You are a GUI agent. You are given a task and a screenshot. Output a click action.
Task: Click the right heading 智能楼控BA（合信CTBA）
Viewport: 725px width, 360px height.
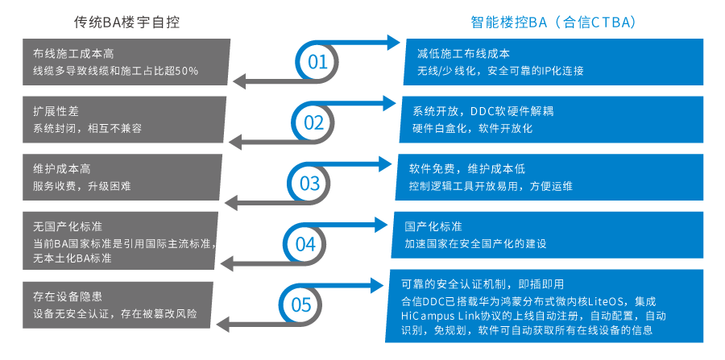[553, 22]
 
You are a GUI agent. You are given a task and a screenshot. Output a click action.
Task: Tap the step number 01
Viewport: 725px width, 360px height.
[318, 63]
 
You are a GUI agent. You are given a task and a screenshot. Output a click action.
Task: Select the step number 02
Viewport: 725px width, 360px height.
[313, 122]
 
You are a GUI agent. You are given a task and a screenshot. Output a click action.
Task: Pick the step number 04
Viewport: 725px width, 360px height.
[304, 243]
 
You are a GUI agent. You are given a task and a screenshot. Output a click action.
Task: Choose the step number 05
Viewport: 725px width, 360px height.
[300, 304]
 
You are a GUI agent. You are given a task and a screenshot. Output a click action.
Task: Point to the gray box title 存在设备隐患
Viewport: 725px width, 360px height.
[62, 296]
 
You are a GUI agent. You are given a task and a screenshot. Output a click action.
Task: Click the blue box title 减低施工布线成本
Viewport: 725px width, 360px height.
[463, 54]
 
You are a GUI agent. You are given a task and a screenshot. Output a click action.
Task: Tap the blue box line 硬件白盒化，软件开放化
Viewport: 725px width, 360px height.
[473, 129]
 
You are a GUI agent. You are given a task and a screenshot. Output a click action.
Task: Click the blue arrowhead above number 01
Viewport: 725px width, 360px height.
[392, 42]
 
